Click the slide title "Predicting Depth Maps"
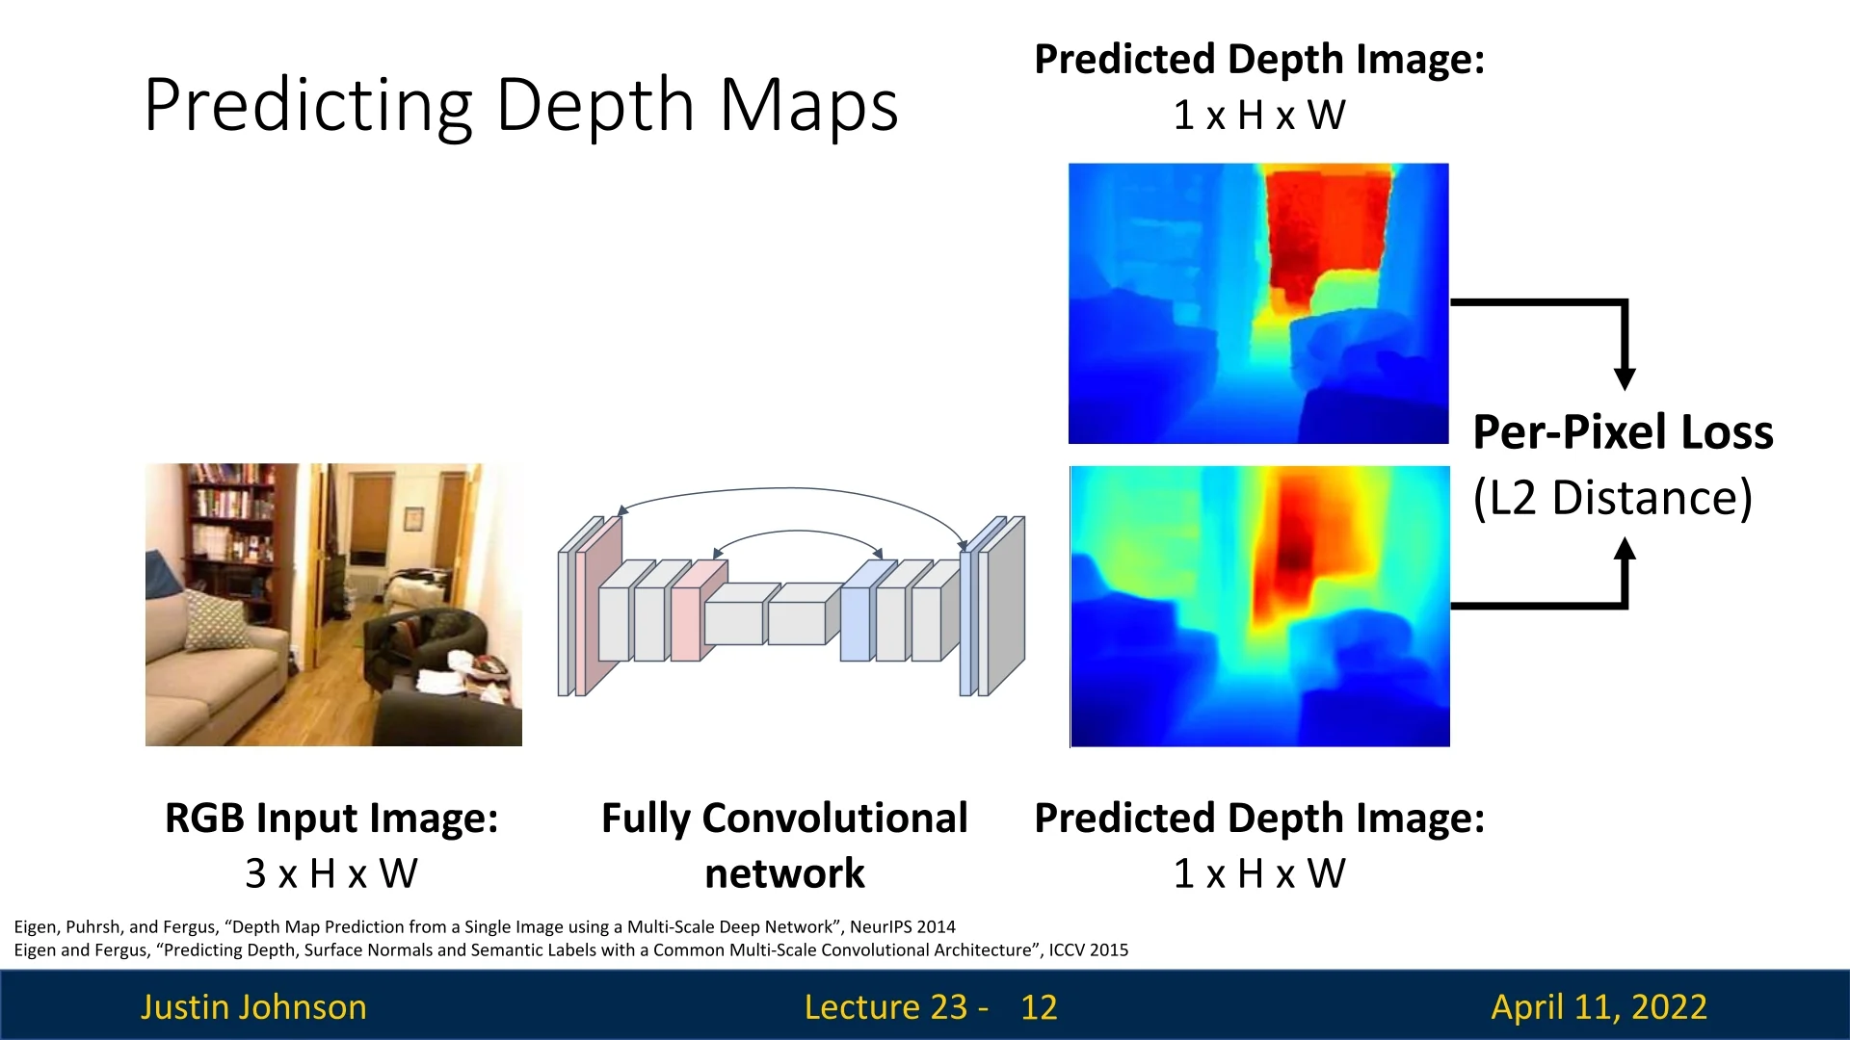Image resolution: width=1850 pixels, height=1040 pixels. click(521, 106)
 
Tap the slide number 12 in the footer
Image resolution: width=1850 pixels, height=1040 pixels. click(1039, 1007)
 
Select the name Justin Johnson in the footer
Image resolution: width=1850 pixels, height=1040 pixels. click(253, 1007)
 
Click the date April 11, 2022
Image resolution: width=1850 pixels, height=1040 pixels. click(1599, 1007)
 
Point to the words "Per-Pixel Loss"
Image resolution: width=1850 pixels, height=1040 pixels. click(1623, 431)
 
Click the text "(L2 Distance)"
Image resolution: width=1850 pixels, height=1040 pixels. click(1612, 498)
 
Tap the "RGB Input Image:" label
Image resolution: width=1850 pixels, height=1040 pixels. click(331, 819)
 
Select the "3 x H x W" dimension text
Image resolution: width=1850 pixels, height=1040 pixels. click(331, 873)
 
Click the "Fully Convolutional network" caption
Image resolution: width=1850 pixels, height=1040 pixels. click(784, 845)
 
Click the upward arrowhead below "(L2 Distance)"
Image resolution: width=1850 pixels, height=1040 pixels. click(1625, 549)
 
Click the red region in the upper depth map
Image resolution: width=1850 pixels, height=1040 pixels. click(1328, 231)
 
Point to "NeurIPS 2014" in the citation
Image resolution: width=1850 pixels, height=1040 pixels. click(902, 926)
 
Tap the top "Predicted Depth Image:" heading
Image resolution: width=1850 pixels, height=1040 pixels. click(1259, 60)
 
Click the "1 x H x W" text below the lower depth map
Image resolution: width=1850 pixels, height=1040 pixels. click(1259, 873)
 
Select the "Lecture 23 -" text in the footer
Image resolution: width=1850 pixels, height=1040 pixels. click(896, 1007)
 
